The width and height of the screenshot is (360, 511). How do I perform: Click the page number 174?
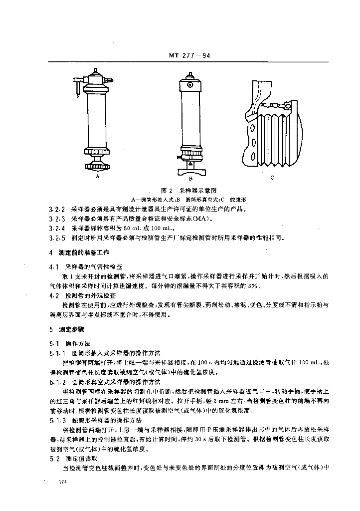[62, 482]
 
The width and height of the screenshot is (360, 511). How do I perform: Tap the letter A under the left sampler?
[98, 176]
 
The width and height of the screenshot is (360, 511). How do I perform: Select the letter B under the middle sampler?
[190, 178]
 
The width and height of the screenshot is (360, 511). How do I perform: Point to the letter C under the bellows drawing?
[272, 177]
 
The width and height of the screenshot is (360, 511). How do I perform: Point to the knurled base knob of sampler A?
[98, 165]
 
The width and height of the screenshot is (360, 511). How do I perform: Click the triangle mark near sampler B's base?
[189, 163]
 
